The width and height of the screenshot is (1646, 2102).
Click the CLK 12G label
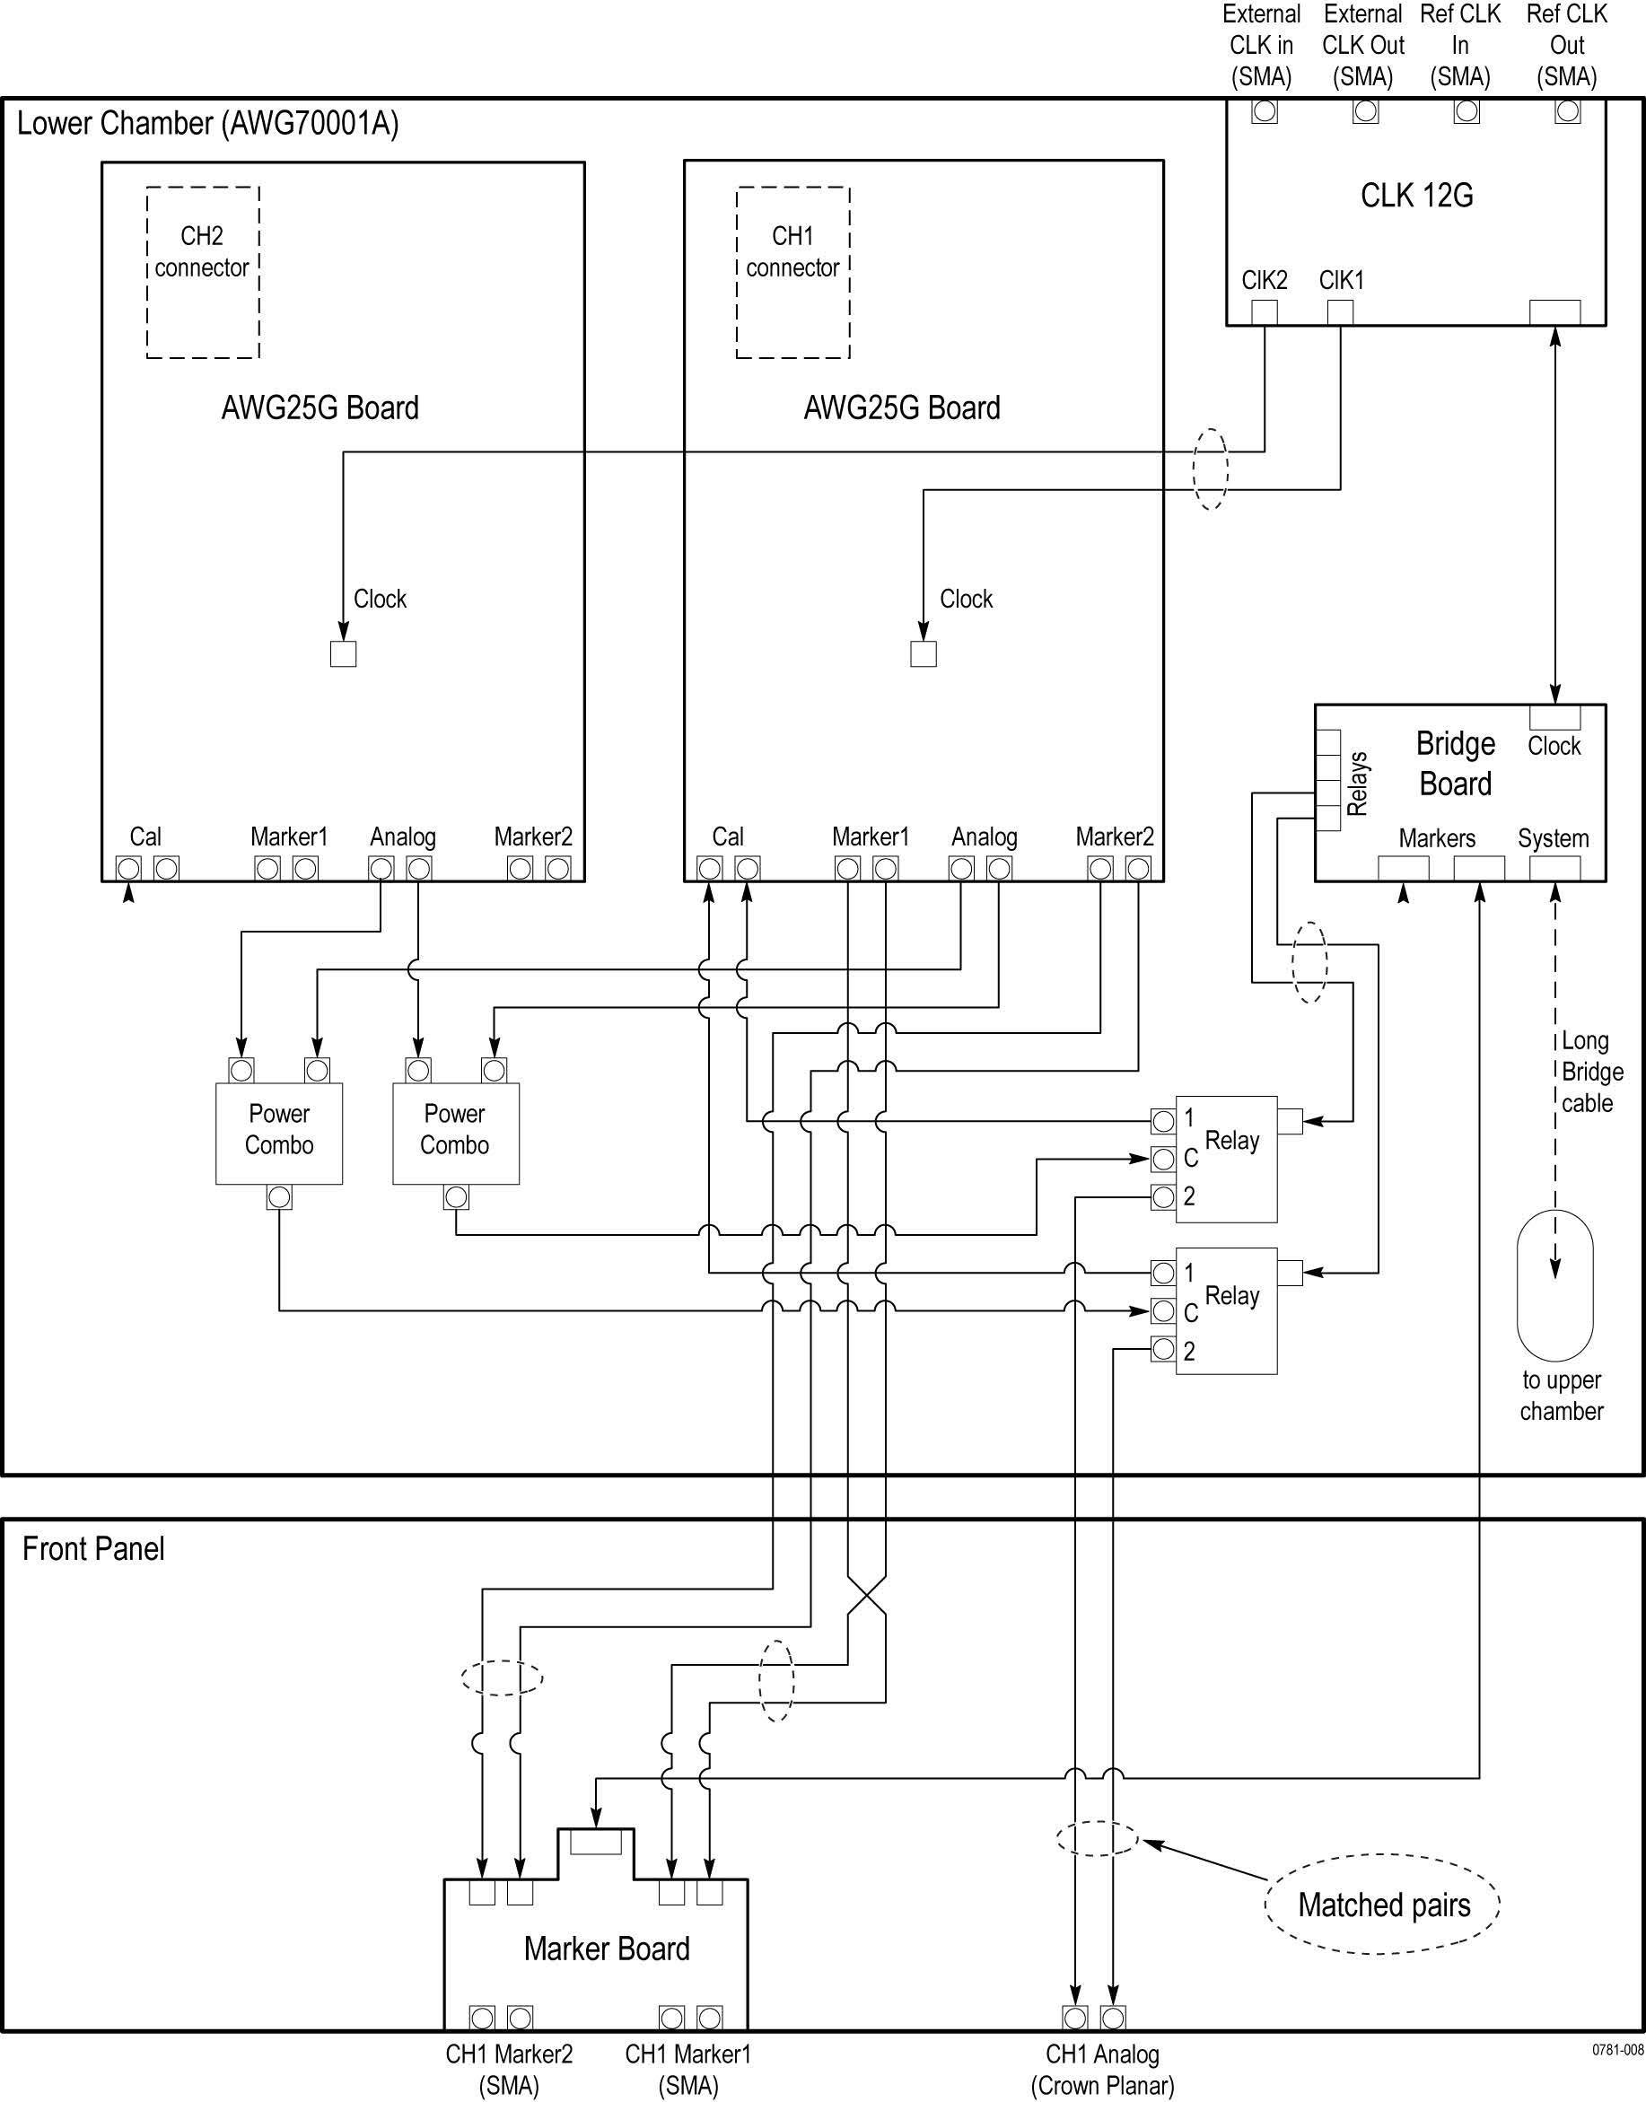(x=1416, y=196)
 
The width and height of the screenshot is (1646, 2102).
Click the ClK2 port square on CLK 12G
(x=1265, y=312)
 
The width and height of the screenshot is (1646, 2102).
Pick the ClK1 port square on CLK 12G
(x=1341, y=312)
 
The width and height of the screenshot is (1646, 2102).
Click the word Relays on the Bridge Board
(x=1357, y=784)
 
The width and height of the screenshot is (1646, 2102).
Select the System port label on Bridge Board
(x=1554, y=838)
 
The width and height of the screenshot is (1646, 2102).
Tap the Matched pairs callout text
(x=1384, y=1905)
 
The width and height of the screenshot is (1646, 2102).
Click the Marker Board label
(x=607, y=1949)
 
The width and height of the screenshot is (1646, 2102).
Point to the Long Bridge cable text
(x=1592, y=1072)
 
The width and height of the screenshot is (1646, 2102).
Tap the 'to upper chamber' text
(x=1562, y=1396)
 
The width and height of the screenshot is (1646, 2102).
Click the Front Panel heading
(x=93, y=1549)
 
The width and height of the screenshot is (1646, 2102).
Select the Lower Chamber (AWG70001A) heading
(x=208, y=123)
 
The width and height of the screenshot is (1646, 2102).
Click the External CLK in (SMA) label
(x=1262, y=45)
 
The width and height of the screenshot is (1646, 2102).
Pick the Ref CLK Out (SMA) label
(x=1567, y=45)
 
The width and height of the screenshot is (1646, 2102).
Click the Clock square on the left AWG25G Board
(x=343, y=653)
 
